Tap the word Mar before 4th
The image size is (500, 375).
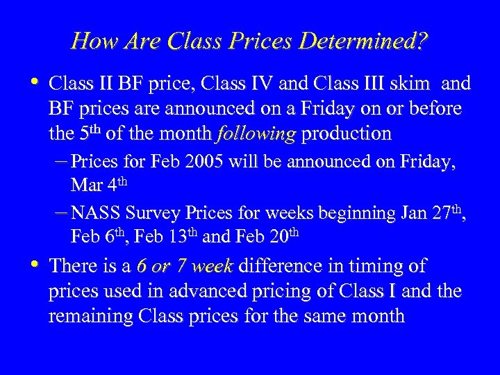pyautogui.click(x=85, y=185)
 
